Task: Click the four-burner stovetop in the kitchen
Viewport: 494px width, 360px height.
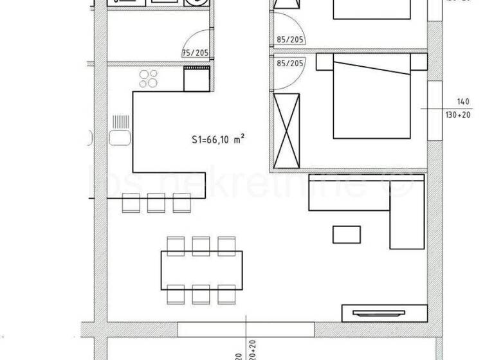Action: pos(149,78)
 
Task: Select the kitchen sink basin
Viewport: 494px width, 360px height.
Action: pos(120,138)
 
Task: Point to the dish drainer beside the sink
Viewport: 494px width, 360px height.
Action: pos(121,122)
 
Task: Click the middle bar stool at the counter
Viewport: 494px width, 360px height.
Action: pos(156,203)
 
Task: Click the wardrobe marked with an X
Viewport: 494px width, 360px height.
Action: pos(287,130)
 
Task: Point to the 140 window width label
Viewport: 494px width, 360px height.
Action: pos(463,102)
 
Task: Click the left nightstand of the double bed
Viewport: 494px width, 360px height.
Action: pos(324,62)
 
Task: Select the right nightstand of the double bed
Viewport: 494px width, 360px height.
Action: pos(419,62)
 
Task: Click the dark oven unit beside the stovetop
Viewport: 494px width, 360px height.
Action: pos(196,78)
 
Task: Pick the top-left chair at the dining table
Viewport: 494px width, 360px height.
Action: pos(175,244)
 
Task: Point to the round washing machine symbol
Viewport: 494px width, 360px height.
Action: pos(193,3)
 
